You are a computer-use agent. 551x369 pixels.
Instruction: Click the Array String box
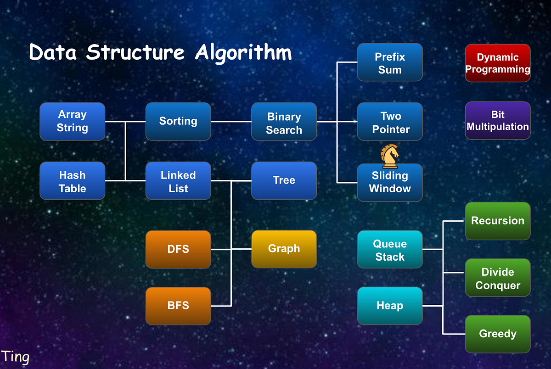(72, 122)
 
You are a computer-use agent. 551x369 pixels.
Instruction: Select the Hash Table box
(72, 181)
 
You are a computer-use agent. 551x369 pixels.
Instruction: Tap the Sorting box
(178, 122)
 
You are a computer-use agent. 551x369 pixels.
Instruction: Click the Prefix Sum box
(389, 62)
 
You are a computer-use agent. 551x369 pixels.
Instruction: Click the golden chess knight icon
(390, 156)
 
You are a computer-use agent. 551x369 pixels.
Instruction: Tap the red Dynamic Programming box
(497, 63)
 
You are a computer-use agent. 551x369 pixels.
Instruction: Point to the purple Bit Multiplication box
(497, 121)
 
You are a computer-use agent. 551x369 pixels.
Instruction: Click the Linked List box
(178, 181)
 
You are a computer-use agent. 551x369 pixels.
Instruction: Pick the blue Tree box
(284, 181)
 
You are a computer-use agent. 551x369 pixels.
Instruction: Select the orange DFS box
(178, 249)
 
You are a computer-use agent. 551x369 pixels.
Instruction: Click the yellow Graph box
(284, 249)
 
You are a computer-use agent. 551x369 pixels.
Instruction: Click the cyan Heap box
(389, 306)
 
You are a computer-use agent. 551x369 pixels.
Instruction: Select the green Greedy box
(497, 334)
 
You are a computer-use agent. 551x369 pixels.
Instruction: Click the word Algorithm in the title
(243, 52)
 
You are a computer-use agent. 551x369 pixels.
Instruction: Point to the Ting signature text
(15, 357)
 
